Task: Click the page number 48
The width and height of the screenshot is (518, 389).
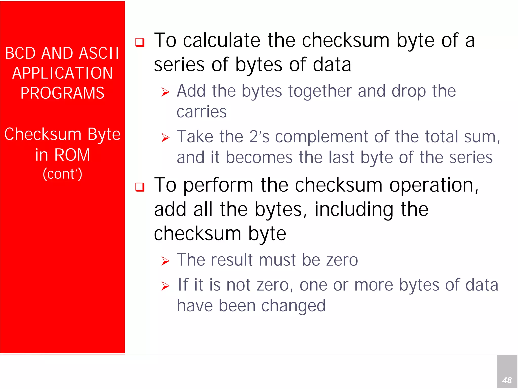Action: click(507, 380)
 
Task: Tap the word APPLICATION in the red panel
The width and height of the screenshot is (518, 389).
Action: click(62, 73)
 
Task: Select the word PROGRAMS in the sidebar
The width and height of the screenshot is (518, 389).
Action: click(62, 93)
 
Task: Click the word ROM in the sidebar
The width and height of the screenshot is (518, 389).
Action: click(72, 155)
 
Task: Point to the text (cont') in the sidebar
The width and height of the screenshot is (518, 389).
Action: click(62, 174)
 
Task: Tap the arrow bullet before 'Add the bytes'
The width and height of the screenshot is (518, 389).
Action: click(165, 92)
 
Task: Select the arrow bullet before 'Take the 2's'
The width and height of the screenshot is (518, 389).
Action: click(165, 138)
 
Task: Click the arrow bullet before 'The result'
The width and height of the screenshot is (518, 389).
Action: click(165, 261)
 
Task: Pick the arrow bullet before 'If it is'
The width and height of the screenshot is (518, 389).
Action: click(165, 286)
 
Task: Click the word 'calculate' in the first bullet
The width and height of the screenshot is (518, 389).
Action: click(222, 40)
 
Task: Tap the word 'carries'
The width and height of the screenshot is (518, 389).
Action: click(202, 112)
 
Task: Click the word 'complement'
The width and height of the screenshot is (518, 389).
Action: click(321, 137)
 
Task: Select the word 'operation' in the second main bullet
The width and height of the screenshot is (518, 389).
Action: click(431, 185)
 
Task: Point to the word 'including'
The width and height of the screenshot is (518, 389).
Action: click(354, 210)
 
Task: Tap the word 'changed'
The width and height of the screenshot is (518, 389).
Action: click(293, 306)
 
